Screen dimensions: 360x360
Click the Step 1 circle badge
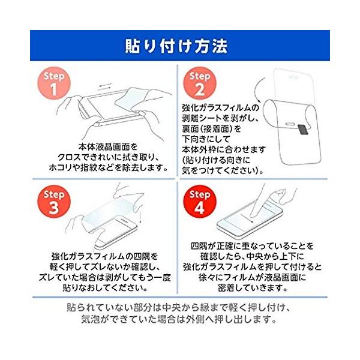tap(54, 83)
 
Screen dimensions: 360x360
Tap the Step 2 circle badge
tap(200, 83)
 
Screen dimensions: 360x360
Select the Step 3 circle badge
tap(54, 202)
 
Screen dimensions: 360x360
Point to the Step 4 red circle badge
tap(200, 202)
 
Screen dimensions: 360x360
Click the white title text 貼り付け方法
tap(176, 46)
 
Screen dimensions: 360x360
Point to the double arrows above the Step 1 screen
tap(105, 86)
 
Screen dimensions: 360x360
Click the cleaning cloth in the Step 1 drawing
tap(131, 99)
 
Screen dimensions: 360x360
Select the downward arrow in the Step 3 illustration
tap(140, 217)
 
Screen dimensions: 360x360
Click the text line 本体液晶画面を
tap(108, 147)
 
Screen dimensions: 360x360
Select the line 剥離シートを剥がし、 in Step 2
tap(221, 118)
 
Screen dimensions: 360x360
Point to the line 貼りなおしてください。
tap(105, 287)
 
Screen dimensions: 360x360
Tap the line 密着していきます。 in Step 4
tap(253, 287)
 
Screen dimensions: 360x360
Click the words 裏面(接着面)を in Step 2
tap(212, 129)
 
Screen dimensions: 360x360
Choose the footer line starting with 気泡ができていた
tap(179, 319)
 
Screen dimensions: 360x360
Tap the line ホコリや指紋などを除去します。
tap(109, 167)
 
